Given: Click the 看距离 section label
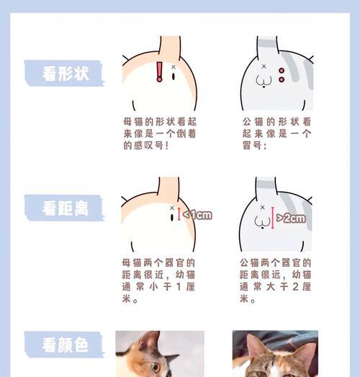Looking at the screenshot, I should (64, 209).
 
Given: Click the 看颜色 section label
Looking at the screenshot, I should (64, 345).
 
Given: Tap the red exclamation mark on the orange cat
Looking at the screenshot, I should (160, 71).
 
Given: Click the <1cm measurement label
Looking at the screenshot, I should (197, 214).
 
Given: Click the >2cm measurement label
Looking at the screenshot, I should (291, 217).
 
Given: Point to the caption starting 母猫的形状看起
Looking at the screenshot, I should (160, 133).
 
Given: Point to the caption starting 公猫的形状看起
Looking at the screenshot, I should (276, 133).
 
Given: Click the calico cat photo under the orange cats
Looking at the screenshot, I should (160, 354).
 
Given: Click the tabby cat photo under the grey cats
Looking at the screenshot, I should (275, 354).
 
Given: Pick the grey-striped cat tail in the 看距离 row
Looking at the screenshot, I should (266, 190).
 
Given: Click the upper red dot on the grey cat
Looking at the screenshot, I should (281, 70).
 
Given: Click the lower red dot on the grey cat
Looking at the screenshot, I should (281, 80).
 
